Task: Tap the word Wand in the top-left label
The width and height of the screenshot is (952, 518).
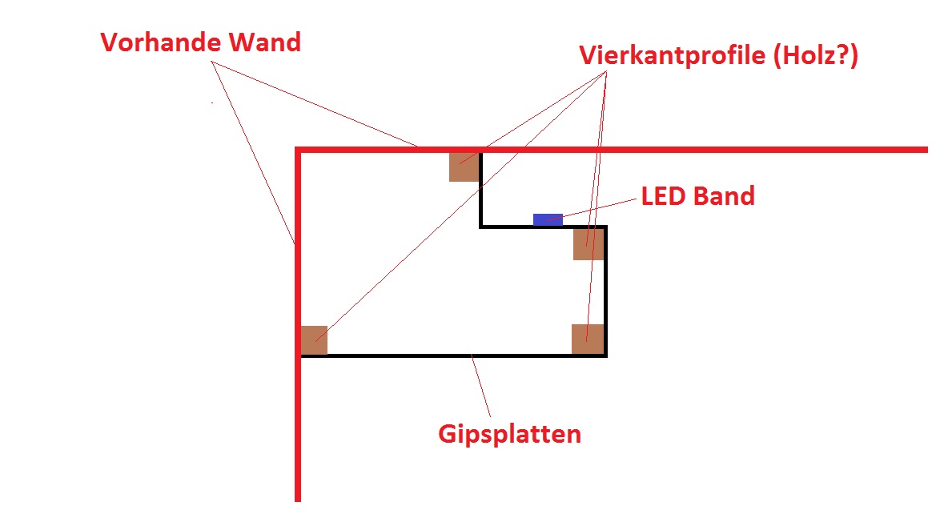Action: coord(265,42)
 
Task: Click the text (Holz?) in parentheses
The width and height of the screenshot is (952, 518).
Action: coord(816,56)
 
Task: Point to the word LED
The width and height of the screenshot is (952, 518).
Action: coord(664,196)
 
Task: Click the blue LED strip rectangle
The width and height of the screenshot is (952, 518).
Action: coord(548,219)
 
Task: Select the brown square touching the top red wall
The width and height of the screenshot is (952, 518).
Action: coord(464,167)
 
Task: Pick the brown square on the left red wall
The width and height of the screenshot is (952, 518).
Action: coord(315,340)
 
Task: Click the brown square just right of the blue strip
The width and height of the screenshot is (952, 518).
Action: coord(588,244)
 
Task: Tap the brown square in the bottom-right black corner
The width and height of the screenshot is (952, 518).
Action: coord(588,339)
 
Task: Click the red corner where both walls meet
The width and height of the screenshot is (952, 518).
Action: coord(298,150)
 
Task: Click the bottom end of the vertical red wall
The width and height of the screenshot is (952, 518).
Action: coord(298,500)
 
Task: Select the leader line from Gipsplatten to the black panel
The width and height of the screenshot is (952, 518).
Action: coord(480,386)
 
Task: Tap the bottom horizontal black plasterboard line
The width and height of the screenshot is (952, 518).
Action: coord(453,355)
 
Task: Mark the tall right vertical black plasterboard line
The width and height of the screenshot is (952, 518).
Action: coord(605,291)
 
